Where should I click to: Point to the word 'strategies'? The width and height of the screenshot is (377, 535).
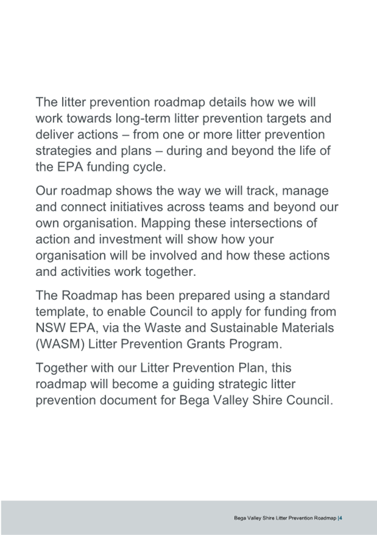coord(63,151)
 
